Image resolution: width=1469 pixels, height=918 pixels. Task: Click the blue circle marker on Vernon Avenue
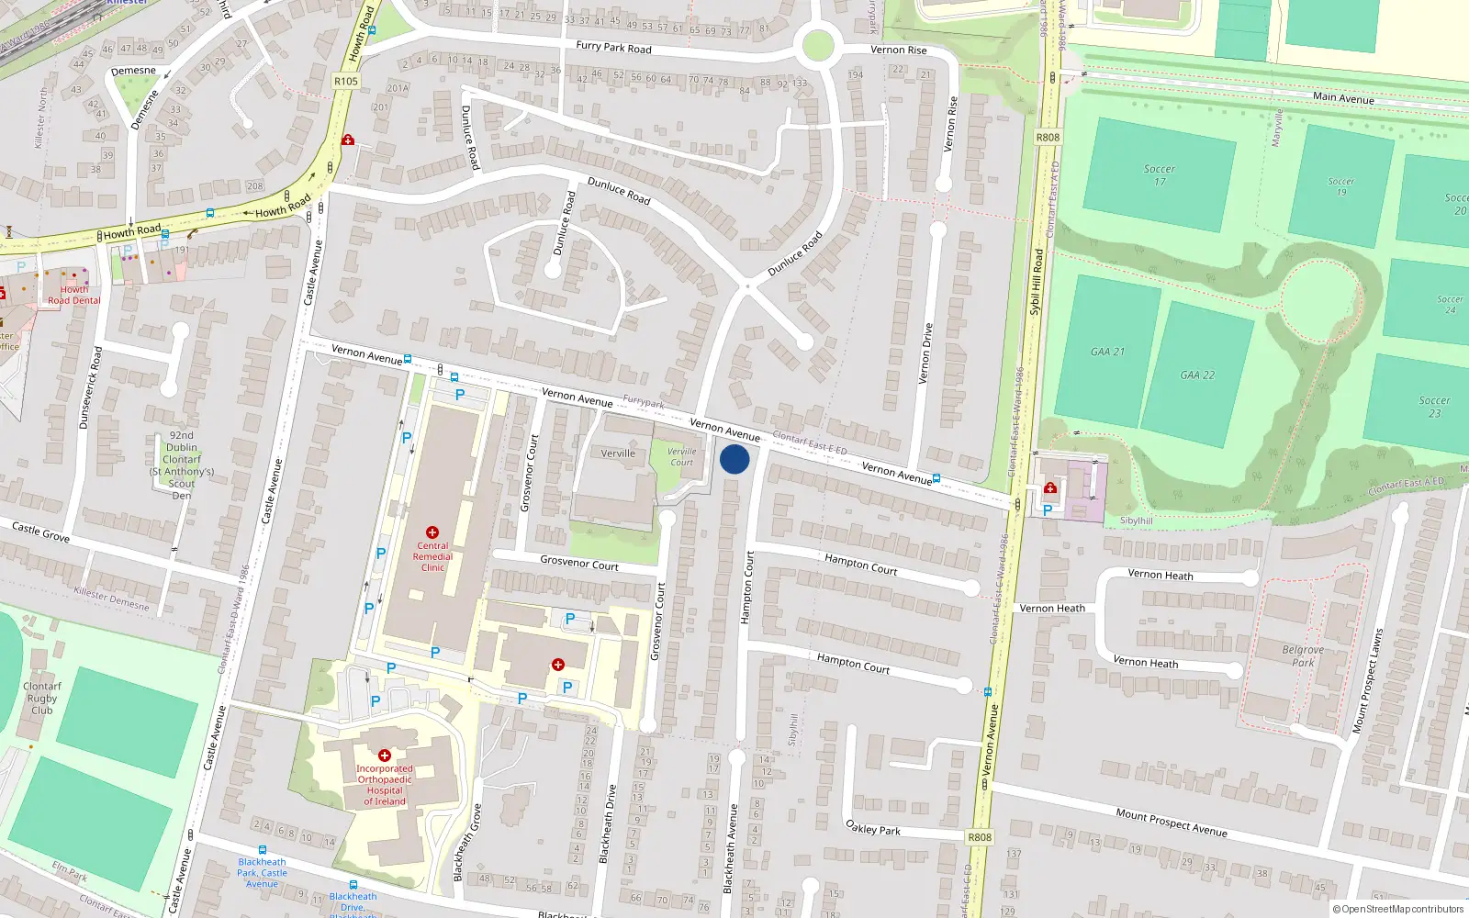734,459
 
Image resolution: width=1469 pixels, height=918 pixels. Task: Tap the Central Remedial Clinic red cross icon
432,532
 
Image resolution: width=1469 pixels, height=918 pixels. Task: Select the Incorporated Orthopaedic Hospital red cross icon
385,756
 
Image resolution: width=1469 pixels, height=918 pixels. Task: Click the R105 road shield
346,81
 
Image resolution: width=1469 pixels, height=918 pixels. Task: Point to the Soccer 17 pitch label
1159,174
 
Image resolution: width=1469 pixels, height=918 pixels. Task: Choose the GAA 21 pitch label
1107,352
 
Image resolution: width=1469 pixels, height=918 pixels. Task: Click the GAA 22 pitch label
1197,375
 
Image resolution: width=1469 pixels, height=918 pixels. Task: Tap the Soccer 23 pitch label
1434,407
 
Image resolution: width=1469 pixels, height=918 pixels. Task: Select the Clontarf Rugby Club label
42,698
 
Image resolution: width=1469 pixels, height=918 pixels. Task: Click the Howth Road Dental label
74,295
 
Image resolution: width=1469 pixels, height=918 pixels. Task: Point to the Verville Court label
681,456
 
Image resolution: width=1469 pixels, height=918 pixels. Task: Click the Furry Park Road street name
613,47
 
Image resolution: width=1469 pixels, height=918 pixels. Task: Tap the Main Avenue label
1343,96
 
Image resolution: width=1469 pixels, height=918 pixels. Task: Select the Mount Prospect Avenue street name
1171,822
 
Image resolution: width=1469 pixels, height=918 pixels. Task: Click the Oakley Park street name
872,828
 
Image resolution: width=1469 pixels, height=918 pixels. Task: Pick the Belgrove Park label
1303,655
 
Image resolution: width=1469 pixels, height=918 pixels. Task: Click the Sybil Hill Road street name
1037,282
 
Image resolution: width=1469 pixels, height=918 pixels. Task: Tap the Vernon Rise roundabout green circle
817,45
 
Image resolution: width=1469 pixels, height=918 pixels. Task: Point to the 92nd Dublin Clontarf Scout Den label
182,465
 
